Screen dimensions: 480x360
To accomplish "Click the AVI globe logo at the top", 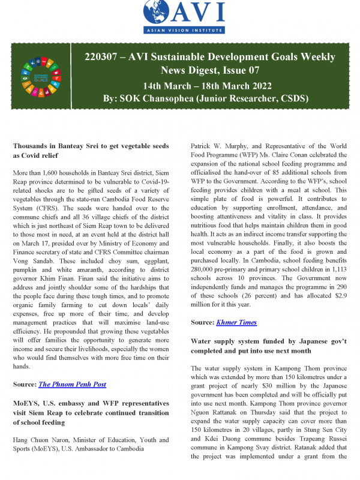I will coord(159,13).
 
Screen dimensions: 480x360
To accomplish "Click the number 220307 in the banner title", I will coord(109,57).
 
